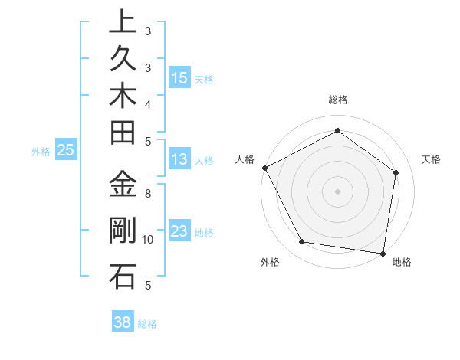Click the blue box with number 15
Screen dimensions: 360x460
179,77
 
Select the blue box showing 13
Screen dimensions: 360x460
179,159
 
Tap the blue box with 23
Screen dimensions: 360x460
179,232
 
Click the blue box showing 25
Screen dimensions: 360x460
66,150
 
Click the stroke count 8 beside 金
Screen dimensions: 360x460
148,194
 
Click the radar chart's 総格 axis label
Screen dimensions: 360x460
338,100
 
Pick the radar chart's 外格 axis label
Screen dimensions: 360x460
270,263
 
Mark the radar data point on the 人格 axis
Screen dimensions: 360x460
264,168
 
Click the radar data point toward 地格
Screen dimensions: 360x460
383,253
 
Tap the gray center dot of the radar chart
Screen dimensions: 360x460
337,191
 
